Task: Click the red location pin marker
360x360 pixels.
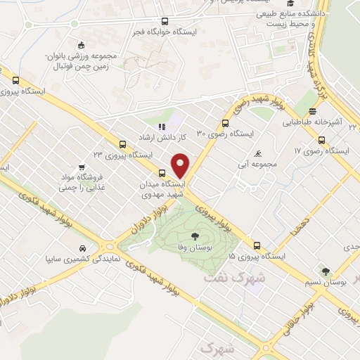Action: tap(181, 165)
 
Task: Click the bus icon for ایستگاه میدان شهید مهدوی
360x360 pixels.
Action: tap(162, 173)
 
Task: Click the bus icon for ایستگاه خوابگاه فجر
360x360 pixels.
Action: tap(165, 21)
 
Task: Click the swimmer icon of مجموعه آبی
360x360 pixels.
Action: tap(259, 154)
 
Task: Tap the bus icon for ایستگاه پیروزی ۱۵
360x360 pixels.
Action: tap(257, 246)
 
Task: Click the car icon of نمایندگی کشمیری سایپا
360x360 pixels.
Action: tap(83, 248)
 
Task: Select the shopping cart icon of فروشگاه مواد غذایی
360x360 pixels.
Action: tap(82, 167)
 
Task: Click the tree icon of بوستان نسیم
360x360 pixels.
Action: tap(325, 271)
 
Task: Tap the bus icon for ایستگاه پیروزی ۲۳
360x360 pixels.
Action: tap(124, 143)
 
